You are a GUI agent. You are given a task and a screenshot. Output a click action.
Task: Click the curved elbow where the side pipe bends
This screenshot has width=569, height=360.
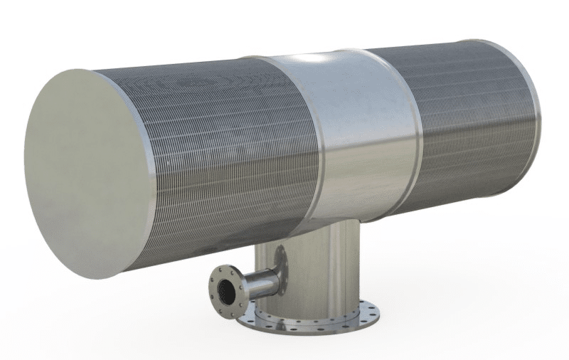[271, 274]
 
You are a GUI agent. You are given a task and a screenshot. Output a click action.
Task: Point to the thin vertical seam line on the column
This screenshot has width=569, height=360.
[329, 274]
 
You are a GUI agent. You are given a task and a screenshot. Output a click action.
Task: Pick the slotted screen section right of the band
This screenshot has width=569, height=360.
[469, 121]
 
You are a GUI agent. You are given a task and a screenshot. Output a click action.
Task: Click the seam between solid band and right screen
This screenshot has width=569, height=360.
[418, 135]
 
